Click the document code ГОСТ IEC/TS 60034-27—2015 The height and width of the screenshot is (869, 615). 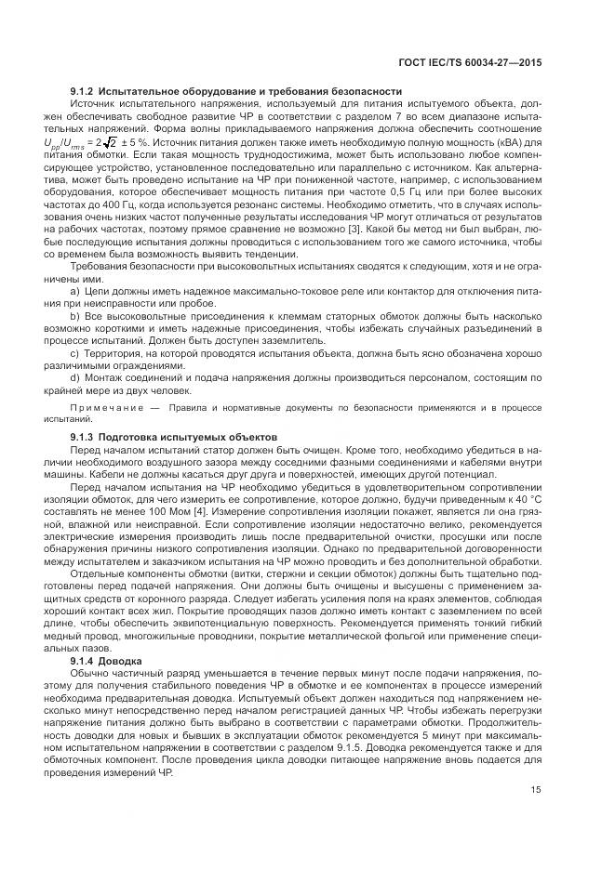tap(471, 62)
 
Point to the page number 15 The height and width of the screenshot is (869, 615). tap(537, 790)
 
